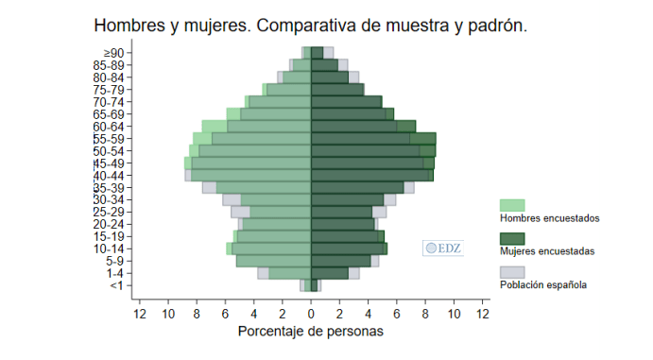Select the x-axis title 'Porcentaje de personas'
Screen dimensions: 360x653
pyautogui.click(x=310, y=332)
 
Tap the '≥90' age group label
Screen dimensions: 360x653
pyautogui.click(x=113, y=53)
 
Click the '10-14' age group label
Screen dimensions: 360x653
pyautogui.click(x=110, y=249)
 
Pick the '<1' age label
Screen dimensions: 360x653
pyautogui.click(x=115, y=285)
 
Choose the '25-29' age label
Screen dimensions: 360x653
pyautogui.click(x=110, y=212)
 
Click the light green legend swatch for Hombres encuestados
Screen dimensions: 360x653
pyautogui.click(x=512, y=205)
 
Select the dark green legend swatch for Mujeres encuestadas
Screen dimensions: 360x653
pyautogui.click(x=512, y=238)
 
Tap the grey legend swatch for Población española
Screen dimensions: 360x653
pyautogui.click(x=512, y=271)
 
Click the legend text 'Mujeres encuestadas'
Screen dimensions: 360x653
pyautogui.click(x=547, y=252)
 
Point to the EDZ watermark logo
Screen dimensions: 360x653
pyautogui.click(x=442, y=249)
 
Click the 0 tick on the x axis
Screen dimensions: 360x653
pyautogui.click(x=311, y=313)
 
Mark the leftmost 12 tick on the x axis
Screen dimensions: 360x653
pyautogui.click(x=140, y=313)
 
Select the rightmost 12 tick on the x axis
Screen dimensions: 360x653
pyautogui.click(x=482, y=313)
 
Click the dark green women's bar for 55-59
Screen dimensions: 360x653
pyautogui.click(x=373, y=139)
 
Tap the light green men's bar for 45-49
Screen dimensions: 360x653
pyautogui.click(x=250, y=163)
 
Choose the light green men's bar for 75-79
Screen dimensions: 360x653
pyautogui.click(x=288, y=90)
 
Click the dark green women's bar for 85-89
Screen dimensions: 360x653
pyautogui.click(x=324, y=65)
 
